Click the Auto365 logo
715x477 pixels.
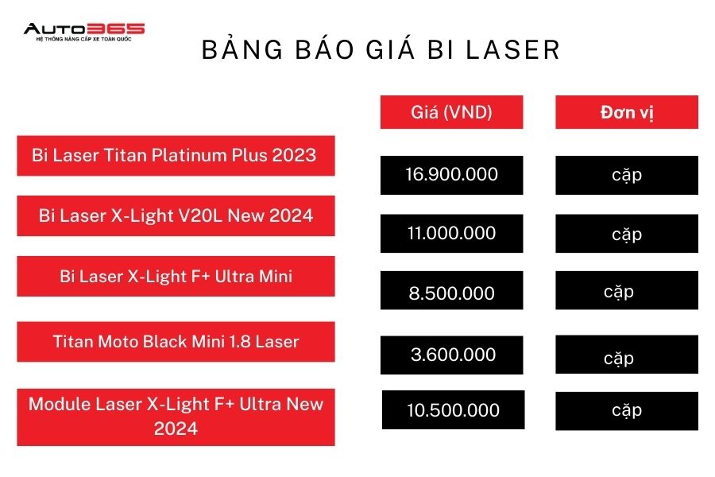point(84,32)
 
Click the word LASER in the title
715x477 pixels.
point(513,50)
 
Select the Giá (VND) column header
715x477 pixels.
point(451,112)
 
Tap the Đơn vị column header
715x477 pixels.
point(627,112)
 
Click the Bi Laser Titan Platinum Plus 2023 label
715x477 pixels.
point(176,156)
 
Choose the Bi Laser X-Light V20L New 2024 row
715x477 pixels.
point(176,216)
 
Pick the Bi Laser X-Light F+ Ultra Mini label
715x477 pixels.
point(176,276)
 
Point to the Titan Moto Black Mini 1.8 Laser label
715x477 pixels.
point(176,341)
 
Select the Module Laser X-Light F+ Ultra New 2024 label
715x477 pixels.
point(176,417)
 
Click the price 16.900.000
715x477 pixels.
point(451,175)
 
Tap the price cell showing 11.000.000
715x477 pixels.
point(451,233)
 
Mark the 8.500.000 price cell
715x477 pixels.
point(451,290)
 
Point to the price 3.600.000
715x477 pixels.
point(451,355)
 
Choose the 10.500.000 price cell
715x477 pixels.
point(454,410)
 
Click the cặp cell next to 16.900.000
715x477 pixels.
point(627,175)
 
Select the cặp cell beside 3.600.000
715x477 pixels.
point(627,355)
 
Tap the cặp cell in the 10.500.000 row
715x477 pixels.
point(627,411)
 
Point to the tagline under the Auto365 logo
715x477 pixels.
point(84,39)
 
